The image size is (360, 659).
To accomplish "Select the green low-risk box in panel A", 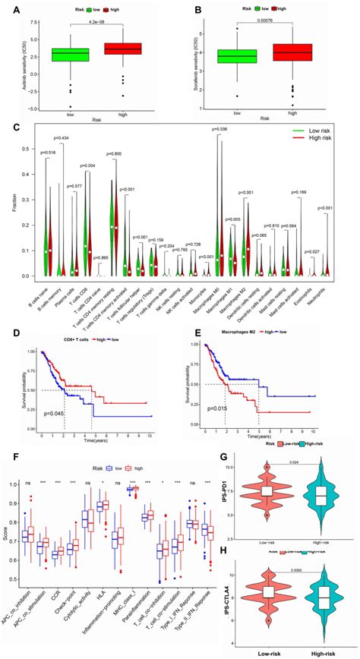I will [70, 55].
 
